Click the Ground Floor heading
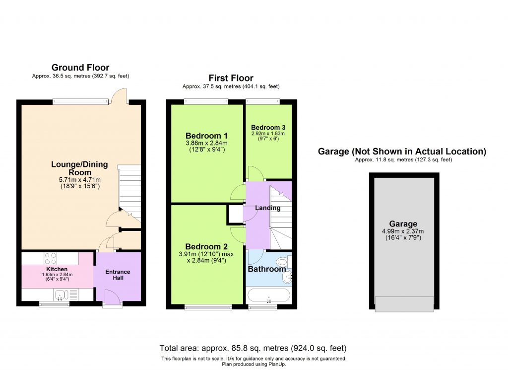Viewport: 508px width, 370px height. point(80,68)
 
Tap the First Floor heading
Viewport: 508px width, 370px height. point(231,78)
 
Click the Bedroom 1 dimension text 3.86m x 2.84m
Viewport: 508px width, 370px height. point(206,143)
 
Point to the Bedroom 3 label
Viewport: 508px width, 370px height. point(268,127)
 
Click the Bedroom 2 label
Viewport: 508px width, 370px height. point(206,247)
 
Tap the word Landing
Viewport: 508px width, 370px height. point(268,208)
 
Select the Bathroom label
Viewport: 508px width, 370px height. point(267,269)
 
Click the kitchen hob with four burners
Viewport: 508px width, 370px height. point(51,258)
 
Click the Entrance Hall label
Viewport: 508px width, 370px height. point(118,275)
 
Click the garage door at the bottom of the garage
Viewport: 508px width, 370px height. point(404,303)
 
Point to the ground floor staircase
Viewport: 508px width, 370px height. point(129,194)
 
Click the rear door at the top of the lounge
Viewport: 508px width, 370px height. point(118,97)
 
